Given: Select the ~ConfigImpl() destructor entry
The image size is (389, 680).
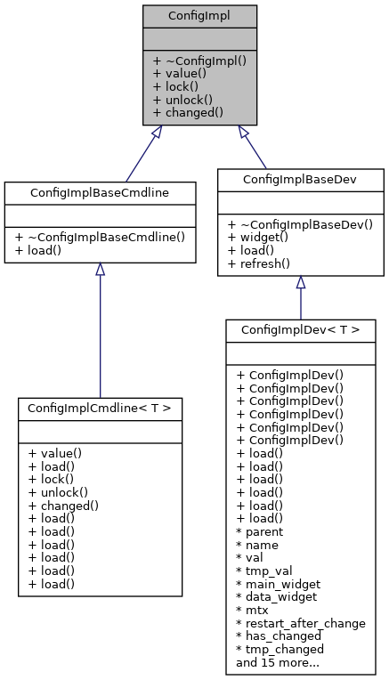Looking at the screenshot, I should click(x=199, y=61).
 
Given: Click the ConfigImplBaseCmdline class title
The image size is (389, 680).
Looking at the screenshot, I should click(x=100, y=192).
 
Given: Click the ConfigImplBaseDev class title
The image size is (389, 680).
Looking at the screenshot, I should click(x=301, y=179).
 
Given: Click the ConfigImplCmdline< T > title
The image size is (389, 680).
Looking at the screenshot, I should click(x=100, y=408).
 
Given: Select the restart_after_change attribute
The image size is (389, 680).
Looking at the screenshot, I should click(x=301, y=623).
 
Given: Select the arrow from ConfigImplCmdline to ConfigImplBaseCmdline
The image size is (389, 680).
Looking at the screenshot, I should click(x=100, y=329).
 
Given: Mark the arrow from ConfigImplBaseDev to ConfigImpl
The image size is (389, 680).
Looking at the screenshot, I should click(x=254, y=147).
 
